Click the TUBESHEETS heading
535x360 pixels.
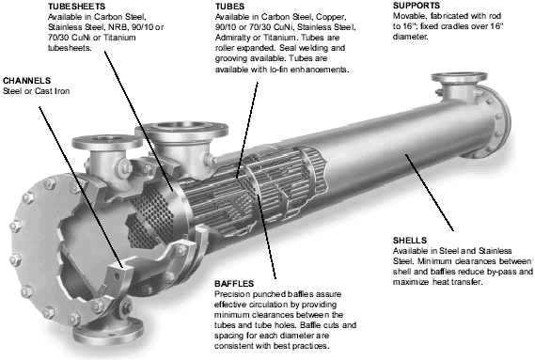76,7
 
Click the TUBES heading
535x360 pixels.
229,7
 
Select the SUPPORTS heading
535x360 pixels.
417,6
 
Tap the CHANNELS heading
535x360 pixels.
26,81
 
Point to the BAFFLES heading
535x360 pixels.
234,284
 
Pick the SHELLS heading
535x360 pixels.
410,241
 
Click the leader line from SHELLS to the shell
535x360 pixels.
430,193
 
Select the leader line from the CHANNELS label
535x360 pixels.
81,187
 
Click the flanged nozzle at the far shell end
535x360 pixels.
459,86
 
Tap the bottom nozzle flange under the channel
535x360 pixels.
108,329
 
